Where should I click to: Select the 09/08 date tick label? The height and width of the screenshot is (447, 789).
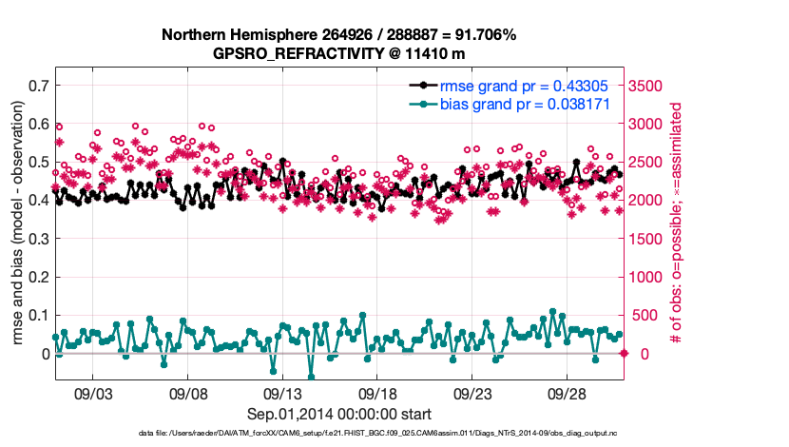pyautogui.click(x=188, y=392)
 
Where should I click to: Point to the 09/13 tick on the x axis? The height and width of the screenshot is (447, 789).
pyautogui.click(x=282, y=392)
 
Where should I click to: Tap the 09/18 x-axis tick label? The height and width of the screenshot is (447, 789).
pyautogui.click(x=377, y=392)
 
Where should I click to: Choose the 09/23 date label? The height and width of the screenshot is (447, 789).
pyautogui.click(x=471, y=392)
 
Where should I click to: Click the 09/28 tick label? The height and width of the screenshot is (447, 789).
pyautogui.click(x=567, y=392)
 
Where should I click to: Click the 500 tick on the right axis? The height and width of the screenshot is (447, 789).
pyautogui.click(x=646, y=315)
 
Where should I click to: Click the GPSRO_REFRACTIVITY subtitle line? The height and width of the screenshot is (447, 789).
pyautogui.click(x=338, y=53)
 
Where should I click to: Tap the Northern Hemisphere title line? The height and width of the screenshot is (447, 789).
pyautogui.click(x=338, y=35)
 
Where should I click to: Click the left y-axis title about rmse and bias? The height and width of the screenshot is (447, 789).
pyautogui.click(x=16, y=224)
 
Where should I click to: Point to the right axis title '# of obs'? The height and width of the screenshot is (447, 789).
pyautogui.click(x=677, y=224)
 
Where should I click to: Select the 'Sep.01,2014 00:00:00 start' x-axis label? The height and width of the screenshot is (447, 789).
pyautogui.click(x=339, y=413)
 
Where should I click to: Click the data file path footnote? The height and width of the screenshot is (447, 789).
pyautogui.click(x=338, y=434)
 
